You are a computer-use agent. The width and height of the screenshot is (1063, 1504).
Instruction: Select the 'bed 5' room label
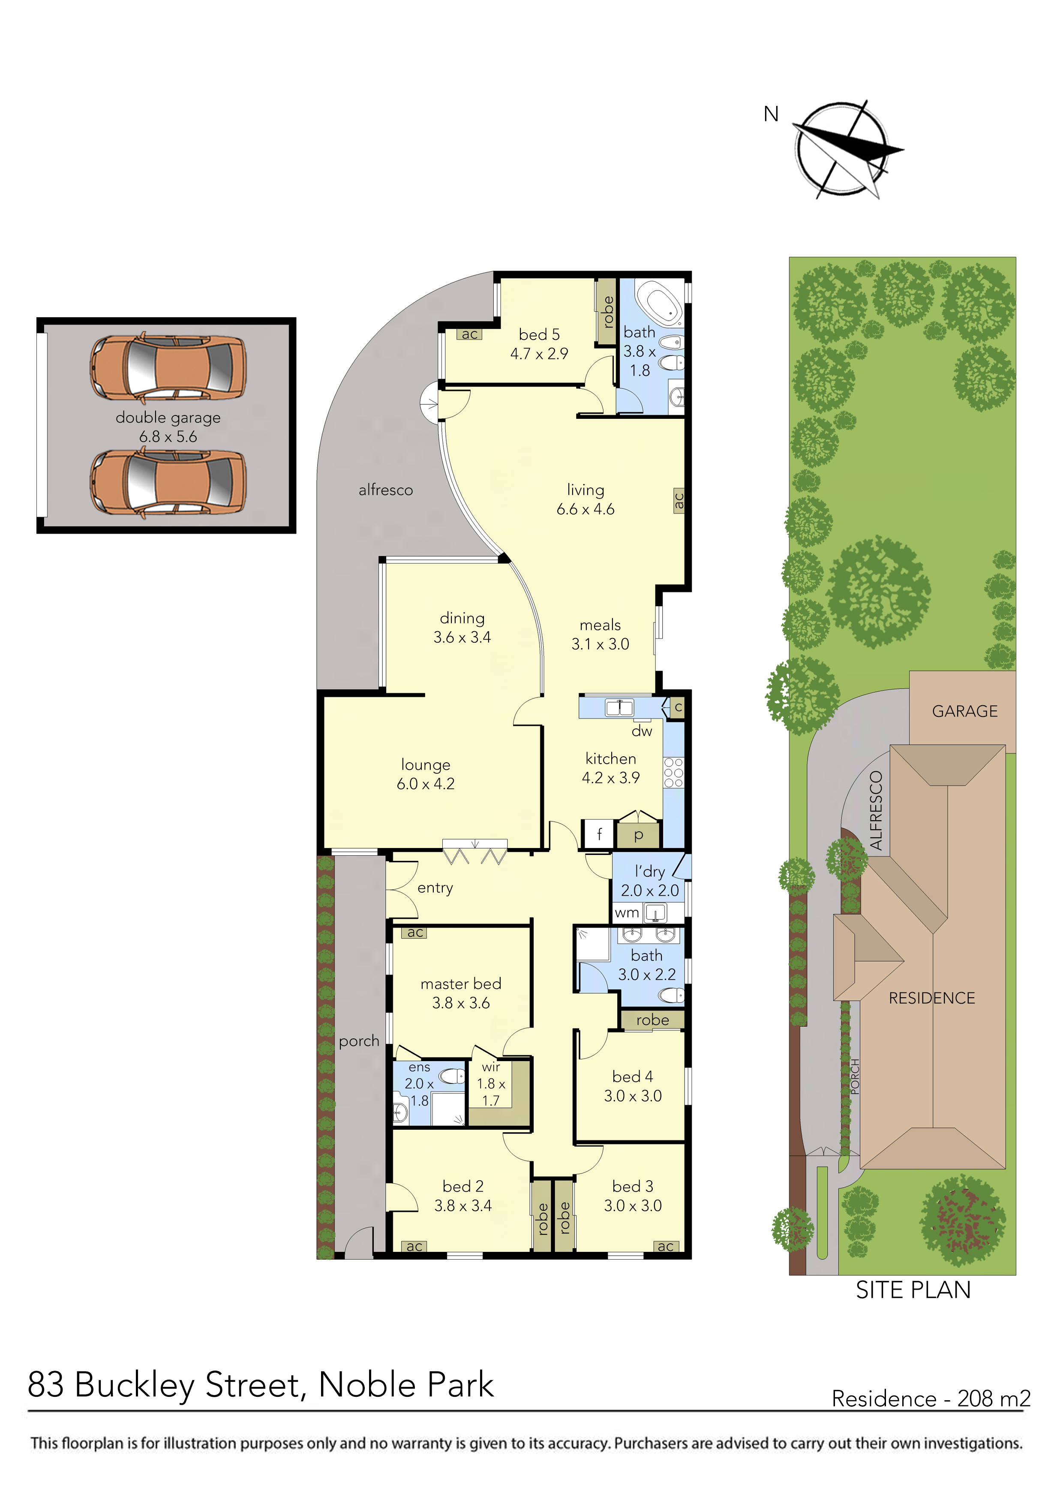[x=539, y=335]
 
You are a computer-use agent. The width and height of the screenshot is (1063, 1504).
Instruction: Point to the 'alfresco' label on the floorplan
[x=386, y=490]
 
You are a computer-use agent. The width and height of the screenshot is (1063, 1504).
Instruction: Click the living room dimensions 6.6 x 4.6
[x=586, y=509]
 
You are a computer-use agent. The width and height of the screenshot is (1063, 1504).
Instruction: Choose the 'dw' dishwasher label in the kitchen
[x=642, y=731]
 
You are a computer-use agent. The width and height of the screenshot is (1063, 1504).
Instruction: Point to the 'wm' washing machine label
[x=627, y=912]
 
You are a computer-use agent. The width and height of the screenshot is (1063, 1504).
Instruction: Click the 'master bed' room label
[x=461, y=984]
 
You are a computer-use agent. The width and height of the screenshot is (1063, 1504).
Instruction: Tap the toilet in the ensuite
[x=450, y=1076]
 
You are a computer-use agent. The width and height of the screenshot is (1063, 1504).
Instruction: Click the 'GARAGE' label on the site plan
[x=965, y=711]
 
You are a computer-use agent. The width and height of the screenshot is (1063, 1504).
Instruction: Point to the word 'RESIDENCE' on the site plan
[x=931, y=998]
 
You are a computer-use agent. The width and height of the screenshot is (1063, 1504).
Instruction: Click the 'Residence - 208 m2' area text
[x=931, y=1399]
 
